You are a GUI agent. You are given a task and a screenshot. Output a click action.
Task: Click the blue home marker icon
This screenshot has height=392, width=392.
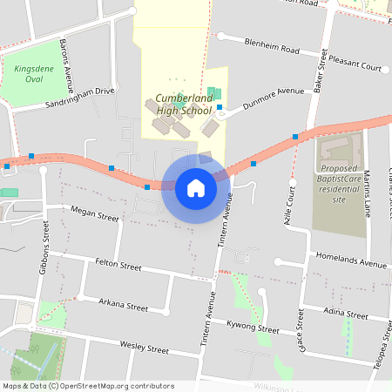(195, 187)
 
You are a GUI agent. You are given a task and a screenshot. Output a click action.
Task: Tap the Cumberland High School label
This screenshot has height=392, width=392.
(185, 105)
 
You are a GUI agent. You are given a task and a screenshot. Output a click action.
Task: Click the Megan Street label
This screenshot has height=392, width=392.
(94, 215)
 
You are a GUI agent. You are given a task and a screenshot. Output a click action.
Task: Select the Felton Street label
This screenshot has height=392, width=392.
(118, 265)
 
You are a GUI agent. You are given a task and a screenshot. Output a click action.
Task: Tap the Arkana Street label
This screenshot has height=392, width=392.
(124, 306)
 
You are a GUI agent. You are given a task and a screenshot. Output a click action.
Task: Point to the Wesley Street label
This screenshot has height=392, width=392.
(144, 348)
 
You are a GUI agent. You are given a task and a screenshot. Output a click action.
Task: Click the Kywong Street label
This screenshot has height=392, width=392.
(253, 330)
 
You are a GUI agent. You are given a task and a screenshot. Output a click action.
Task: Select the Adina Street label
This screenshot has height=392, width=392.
(345, 313)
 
